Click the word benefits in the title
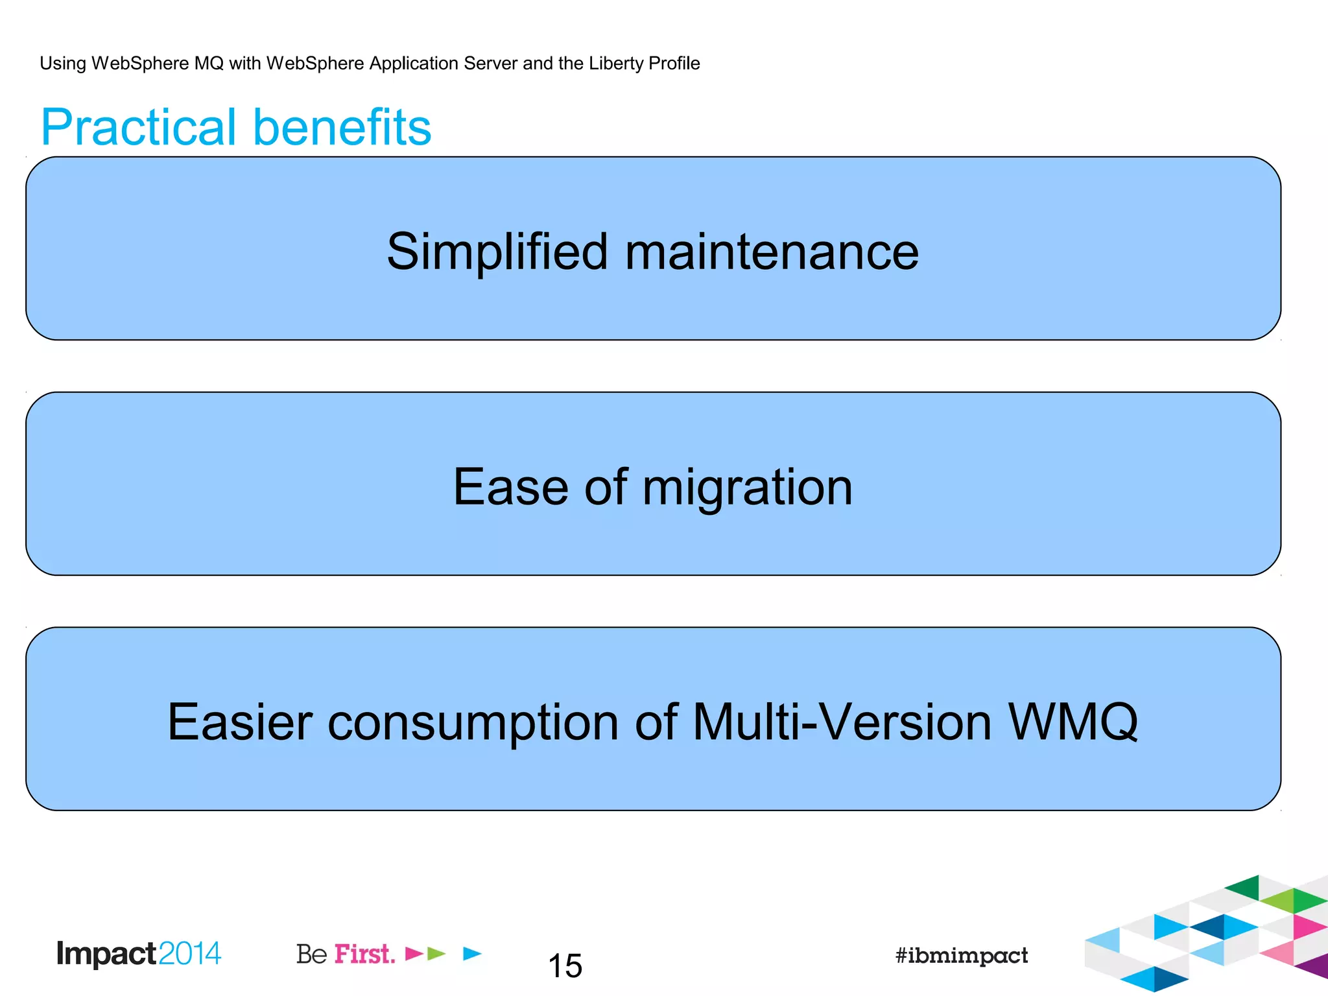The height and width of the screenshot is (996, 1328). point(342,128)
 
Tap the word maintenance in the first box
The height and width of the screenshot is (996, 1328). point(772,252)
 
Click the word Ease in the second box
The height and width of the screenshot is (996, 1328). point(510,487)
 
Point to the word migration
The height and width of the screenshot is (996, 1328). point(747,488)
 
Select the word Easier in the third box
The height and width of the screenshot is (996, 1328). point(240,722)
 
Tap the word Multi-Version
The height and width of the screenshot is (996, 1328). point(842,722)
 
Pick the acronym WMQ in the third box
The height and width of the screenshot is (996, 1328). point(1073,722)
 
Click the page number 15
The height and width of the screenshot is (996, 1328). point(565,966)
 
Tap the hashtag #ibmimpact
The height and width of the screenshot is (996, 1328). point(961,956)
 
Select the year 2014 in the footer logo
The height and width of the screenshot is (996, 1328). point(189,954)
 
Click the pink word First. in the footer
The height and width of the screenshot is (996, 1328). point(364,954)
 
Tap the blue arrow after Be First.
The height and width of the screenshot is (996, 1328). point(472,953)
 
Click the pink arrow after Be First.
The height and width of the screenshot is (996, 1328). point(413,954)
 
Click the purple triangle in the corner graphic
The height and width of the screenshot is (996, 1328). point(1314,966)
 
